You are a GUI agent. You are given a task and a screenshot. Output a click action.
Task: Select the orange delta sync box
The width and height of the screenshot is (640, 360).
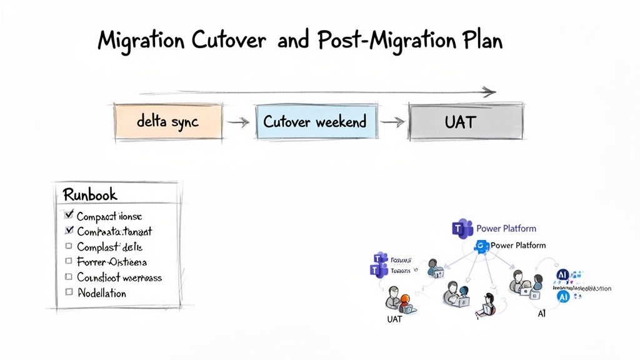tap(167, 121)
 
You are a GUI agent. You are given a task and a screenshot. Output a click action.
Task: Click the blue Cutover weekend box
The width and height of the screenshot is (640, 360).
tap(316, 121)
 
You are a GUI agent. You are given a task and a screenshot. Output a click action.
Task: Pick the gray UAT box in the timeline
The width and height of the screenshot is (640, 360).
tap(465, 121)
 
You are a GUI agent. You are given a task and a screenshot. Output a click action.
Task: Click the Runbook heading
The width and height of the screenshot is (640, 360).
tap(90, 194)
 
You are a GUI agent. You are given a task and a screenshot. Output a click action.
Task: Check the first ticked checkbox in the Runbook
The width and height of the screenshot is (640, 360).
tap(69, 215)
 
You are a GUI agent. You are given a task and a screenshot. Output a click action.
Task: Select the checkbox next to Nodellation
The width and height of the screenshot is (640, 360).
tap(69, 292)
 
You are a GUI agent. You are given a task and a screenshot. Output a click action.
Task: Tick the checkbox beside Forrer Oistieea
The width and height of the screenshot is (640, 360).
tap(69, 261)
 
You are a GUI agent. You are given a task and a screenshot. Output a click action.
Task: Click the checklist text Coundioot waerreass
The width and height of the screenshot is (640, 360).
tap(119, 277)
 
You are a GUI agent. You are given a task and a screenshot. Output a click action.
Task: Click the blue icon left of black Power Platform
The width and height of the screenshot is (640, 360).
tap(481, 246)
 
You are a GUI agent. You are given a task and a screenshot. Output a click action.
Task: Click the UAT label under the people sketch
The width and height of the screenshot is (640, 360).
tap(394, 319)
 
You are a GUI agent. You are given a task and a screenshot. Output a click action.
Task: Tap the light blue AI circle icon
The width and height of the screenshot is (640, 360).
tap(562, 297)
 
